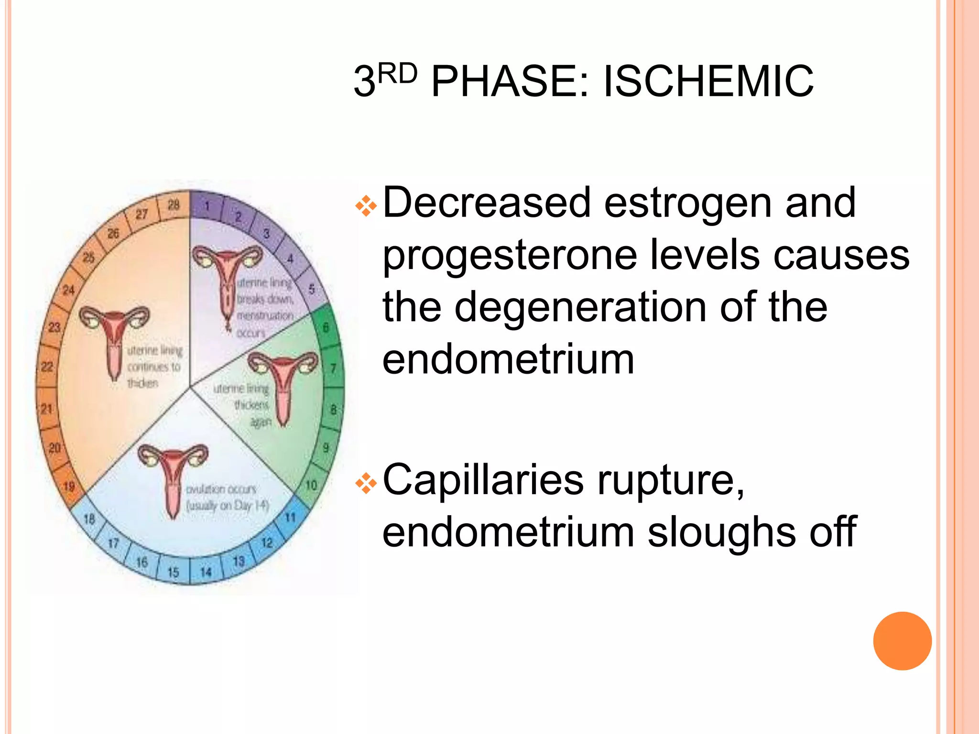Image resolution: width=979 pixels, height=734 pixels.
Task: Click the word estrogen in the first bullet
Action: (x=687, y=203)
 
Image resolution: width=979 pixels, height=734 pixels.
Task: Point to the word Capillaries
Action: (x=483, y=480)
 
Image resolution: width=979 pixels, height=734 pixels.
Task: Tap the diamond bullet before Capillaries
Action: (x=366, y=484)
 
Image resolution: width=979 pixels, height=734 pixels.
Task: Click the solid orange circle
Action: (x=902, y=641)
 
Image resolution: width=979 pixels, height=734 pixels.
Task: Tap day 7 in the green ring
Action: (x=333, y=368)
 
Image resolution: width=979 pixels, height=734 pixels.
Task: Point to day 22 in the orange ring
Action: (x=47, y=367)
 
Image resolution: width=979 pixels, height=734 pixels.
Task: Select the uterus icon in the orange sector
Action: (x=114, y=337)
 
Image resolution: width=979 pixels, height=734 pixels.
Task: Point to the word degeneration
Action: (x=580, y=307)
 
